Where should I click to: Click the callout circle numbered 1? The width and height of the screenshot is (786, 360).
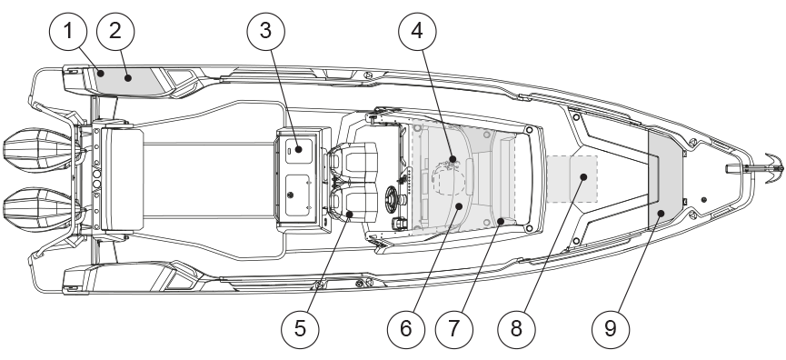pos(68,32)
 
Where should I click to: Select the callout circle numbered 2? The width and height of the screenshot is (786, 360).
pos(115,32)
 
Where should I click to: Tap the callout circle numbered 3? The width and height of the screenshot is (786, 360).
pos(265,32)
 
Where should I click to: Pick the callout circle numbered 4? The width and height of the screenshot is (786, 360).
pos(417,32)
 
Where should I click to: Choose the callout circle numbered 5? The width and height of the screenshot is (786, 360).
pos(300,329)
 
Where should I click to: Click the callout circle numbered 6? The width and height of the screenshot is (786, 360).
pos(406,329)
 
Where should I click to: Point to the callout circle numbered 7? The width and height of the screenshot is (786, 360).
pos(454,329)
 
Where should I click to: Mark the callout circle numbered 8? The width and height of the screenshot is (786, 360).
pos(516,329)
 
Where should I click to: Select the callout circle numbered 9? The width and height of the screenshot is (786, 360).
pos(611,329)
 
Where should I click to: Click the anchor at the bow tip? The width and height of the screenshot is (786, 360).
pos(770,168)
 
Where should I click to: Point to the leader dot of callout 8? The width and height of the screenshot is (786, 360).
pos(583,176)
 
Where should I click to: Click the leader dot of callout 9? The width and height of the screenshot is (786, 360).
pos(661,214)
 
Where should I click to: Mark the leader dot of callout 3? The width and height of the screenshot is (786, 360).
pos(298,149)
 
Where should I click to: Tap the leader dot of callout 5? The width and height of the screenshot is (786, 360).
pos(350,215)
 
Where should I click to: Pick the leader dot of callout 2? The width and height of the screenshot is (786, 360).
pos(128,77)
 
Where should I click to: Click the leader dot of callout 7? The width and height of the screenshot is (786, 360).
pos(501,220)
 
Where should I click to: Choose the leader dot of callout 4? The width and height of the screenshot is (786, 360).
pos(453,159)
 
